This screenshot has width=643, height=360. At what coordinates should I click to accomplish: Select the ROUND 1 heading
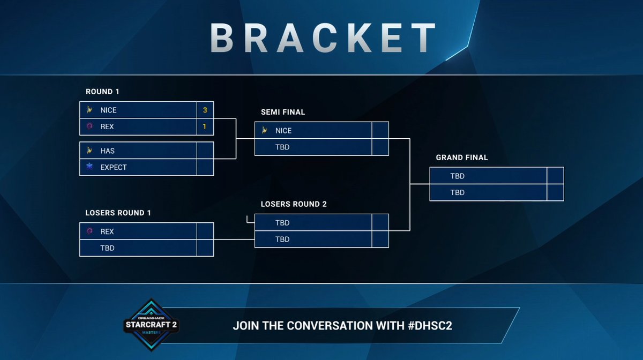coord(99,92)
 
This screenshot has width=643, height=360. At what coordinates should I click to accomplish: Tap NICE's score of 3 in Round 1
coord(205,110)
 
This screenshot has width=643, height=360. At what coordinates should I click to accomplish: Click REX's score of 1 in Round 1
coord(205,126)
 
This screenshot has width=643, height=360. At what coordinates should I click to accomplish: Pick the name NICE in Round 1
coord(108,110)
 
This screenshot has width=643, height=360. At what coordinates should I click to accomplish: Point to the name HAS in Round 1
coord(107,151)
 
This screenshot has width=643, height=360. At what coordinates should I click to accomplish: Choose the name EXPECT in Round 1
coord(114,167)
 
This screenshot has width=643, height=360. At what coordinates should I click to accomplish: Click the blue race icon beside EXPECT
coord(90,167)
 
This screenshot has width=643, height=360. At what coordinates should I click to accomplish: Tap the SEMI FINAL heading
coord(283,112)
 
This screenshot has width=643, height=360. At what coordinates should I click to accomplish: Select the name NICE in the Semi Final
coord(283,131)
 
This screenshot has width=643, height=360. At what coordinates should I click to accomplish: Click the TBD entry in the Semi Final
coord(282,147)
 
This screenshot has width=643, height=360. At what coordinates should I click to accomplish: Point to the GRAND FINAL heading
coord(462,157)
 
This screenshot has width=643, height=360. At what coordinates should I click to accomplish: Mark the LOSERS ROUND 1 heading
coord(118,213)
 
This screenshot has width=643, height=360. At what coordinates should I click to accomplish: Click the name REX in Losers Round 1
coord(107,231)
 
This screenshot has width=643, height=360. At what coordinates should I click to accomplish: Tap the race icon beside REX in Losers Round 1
coord(90,231)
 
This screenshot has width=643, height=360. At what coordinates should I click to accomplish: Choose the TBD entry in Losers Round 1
coord(107,248)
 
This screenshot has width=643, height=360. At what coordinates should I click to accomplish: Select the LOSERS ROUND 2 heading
coord(294,204)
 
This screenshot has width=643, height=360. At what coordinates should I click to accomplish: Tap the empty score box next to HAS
coord(205,151)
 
